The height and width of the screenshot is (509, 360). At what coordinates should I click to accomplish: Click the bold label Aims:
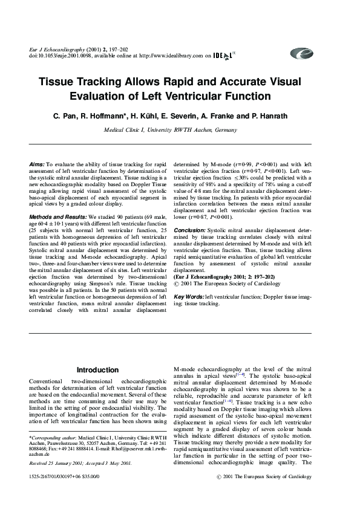[x=36, y=164]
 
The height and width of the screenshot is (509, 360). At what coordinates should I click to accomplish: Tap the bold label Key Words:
[x=189, y=297]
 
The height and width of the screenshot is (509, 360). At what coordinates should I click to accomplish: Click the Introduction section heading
[x=97, y=370]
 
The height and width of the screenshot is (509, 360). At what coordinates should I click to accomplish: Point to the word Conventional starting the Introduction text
[x=48, y=382]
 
